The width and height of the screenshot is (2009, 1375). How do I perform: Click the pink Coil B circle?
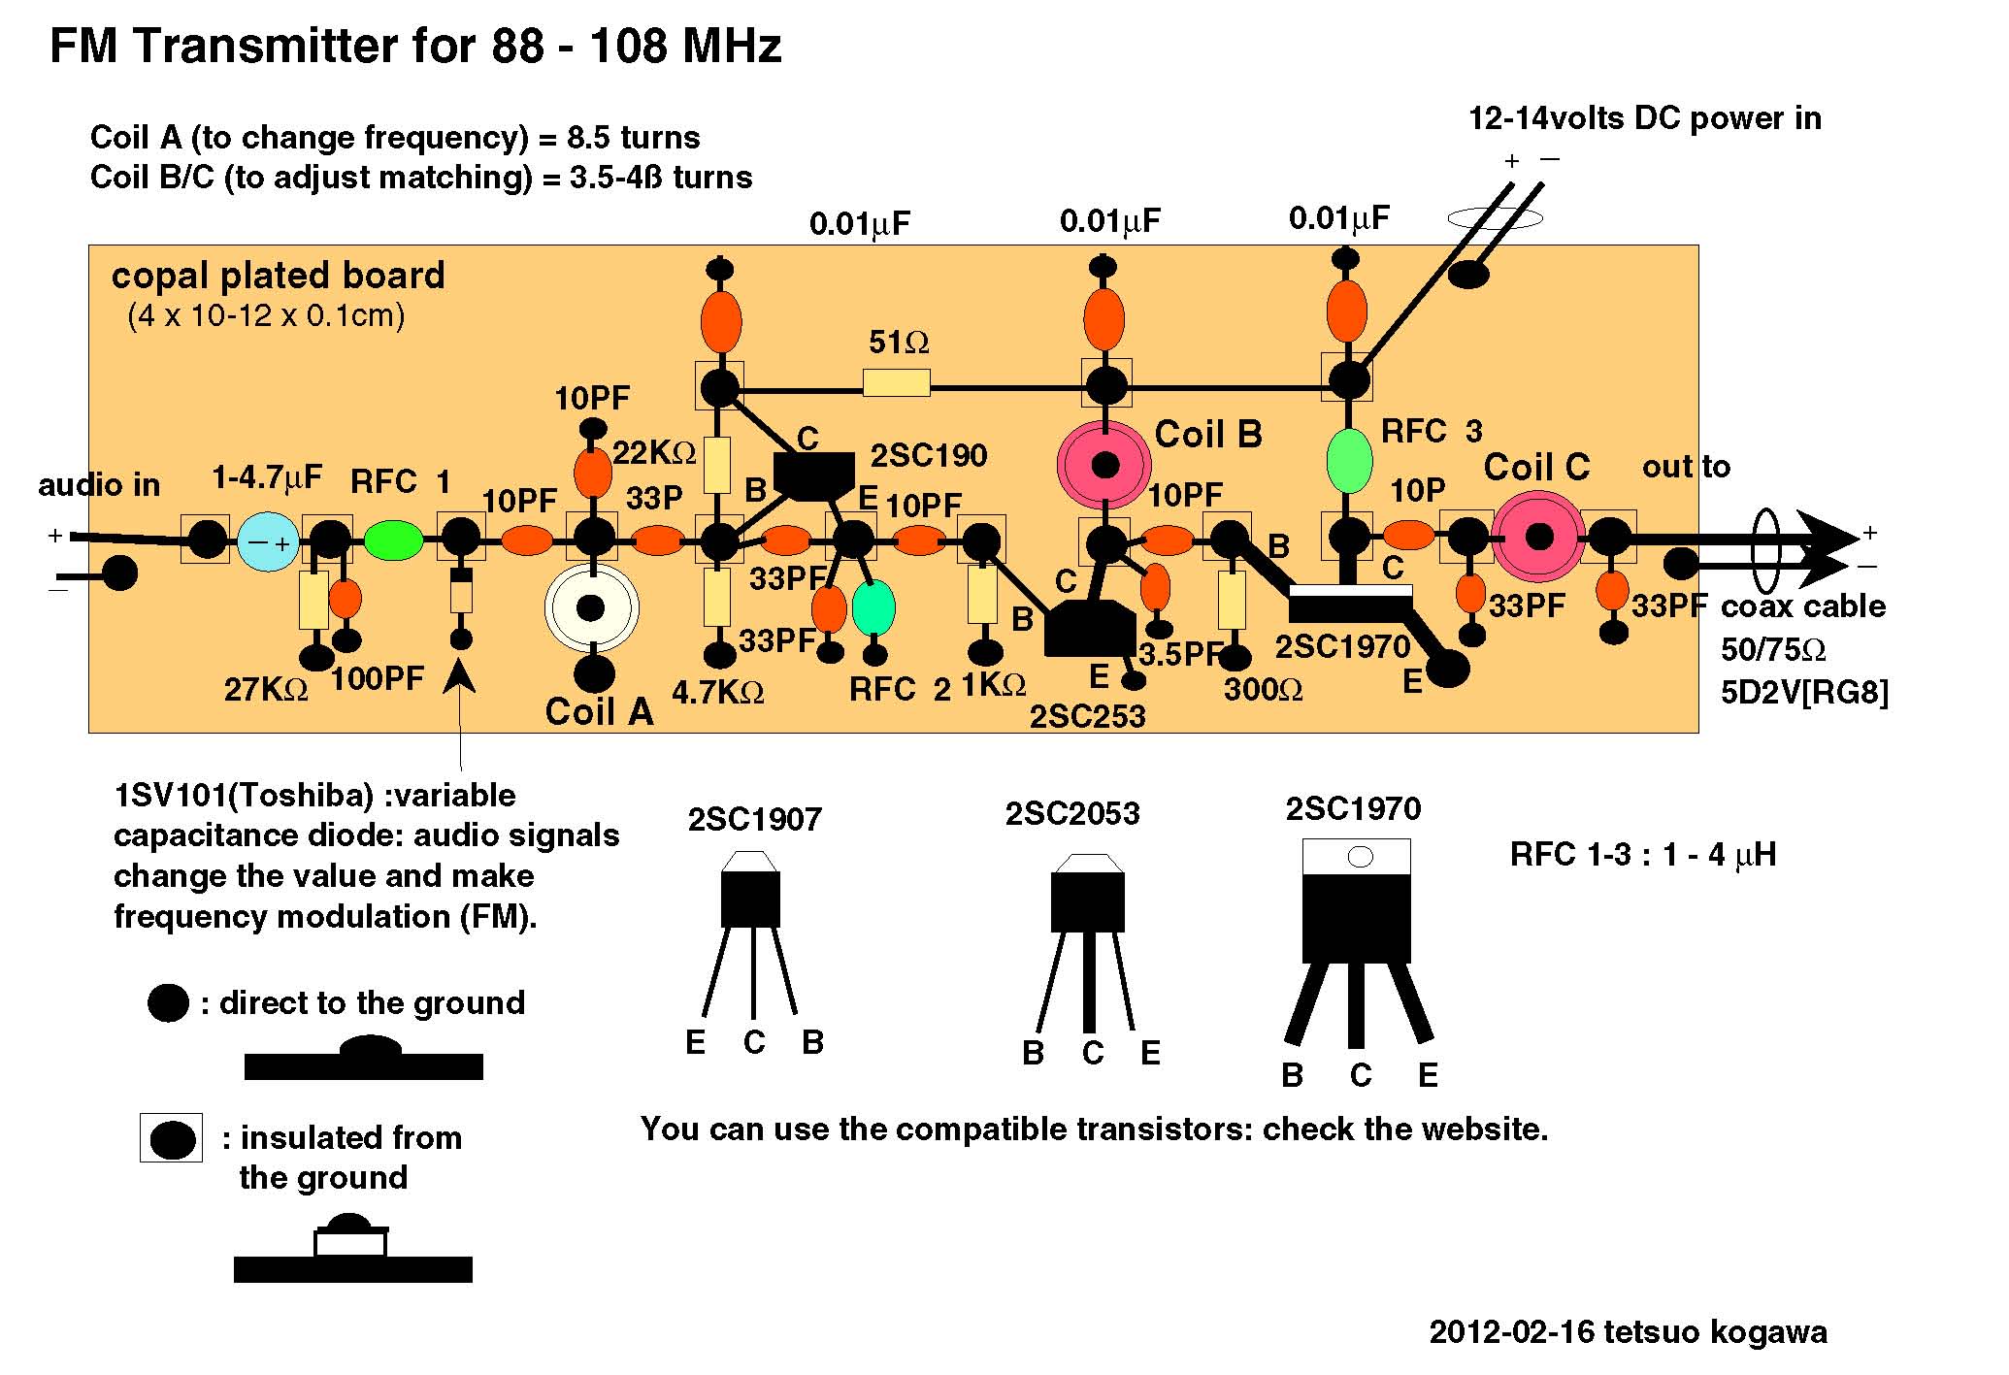point(1104,466)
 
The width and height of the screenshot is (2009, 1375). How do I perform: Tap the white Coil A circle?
point(591,608)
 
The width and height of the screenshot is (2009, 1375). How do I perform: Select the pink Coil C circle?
point(1539,536)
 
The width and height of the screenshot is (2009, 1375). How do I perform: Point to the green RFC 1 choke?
point(393,540)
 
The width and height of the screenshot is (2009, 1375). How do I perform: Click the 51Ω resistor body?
point(897,383)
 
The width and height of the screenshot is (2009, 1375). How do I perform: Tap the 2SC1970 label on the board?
point(1342,646)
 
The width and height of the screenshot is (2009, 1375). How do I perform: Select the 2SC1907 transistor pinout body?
point(750,899)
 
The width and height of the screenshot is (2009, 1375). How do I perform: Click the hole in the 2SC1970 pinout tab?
point(1361,857)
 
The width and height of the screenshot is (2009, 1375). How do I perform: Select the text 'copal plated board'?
point(278,277)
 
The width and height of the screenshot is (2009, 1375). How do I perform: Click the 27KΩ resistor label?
point(265,690)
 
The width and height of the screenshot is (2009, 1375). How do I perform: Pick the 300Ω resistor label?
point(1263,690)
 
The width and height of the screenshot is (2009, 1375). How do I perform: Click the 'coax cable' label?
point(1802,606)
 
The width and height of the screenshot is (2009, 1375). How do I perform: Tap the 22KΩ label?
point(654,453)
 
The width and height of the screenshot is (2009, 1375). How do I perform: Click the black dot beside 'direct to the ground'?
point(168,1002)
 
